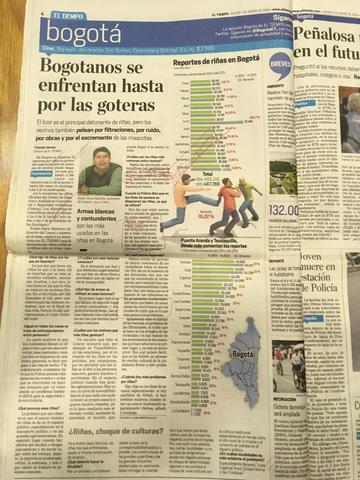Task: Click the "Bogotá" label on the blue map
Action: point(242,354)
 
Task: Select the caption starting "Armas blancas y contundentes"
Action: point(99,221)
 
